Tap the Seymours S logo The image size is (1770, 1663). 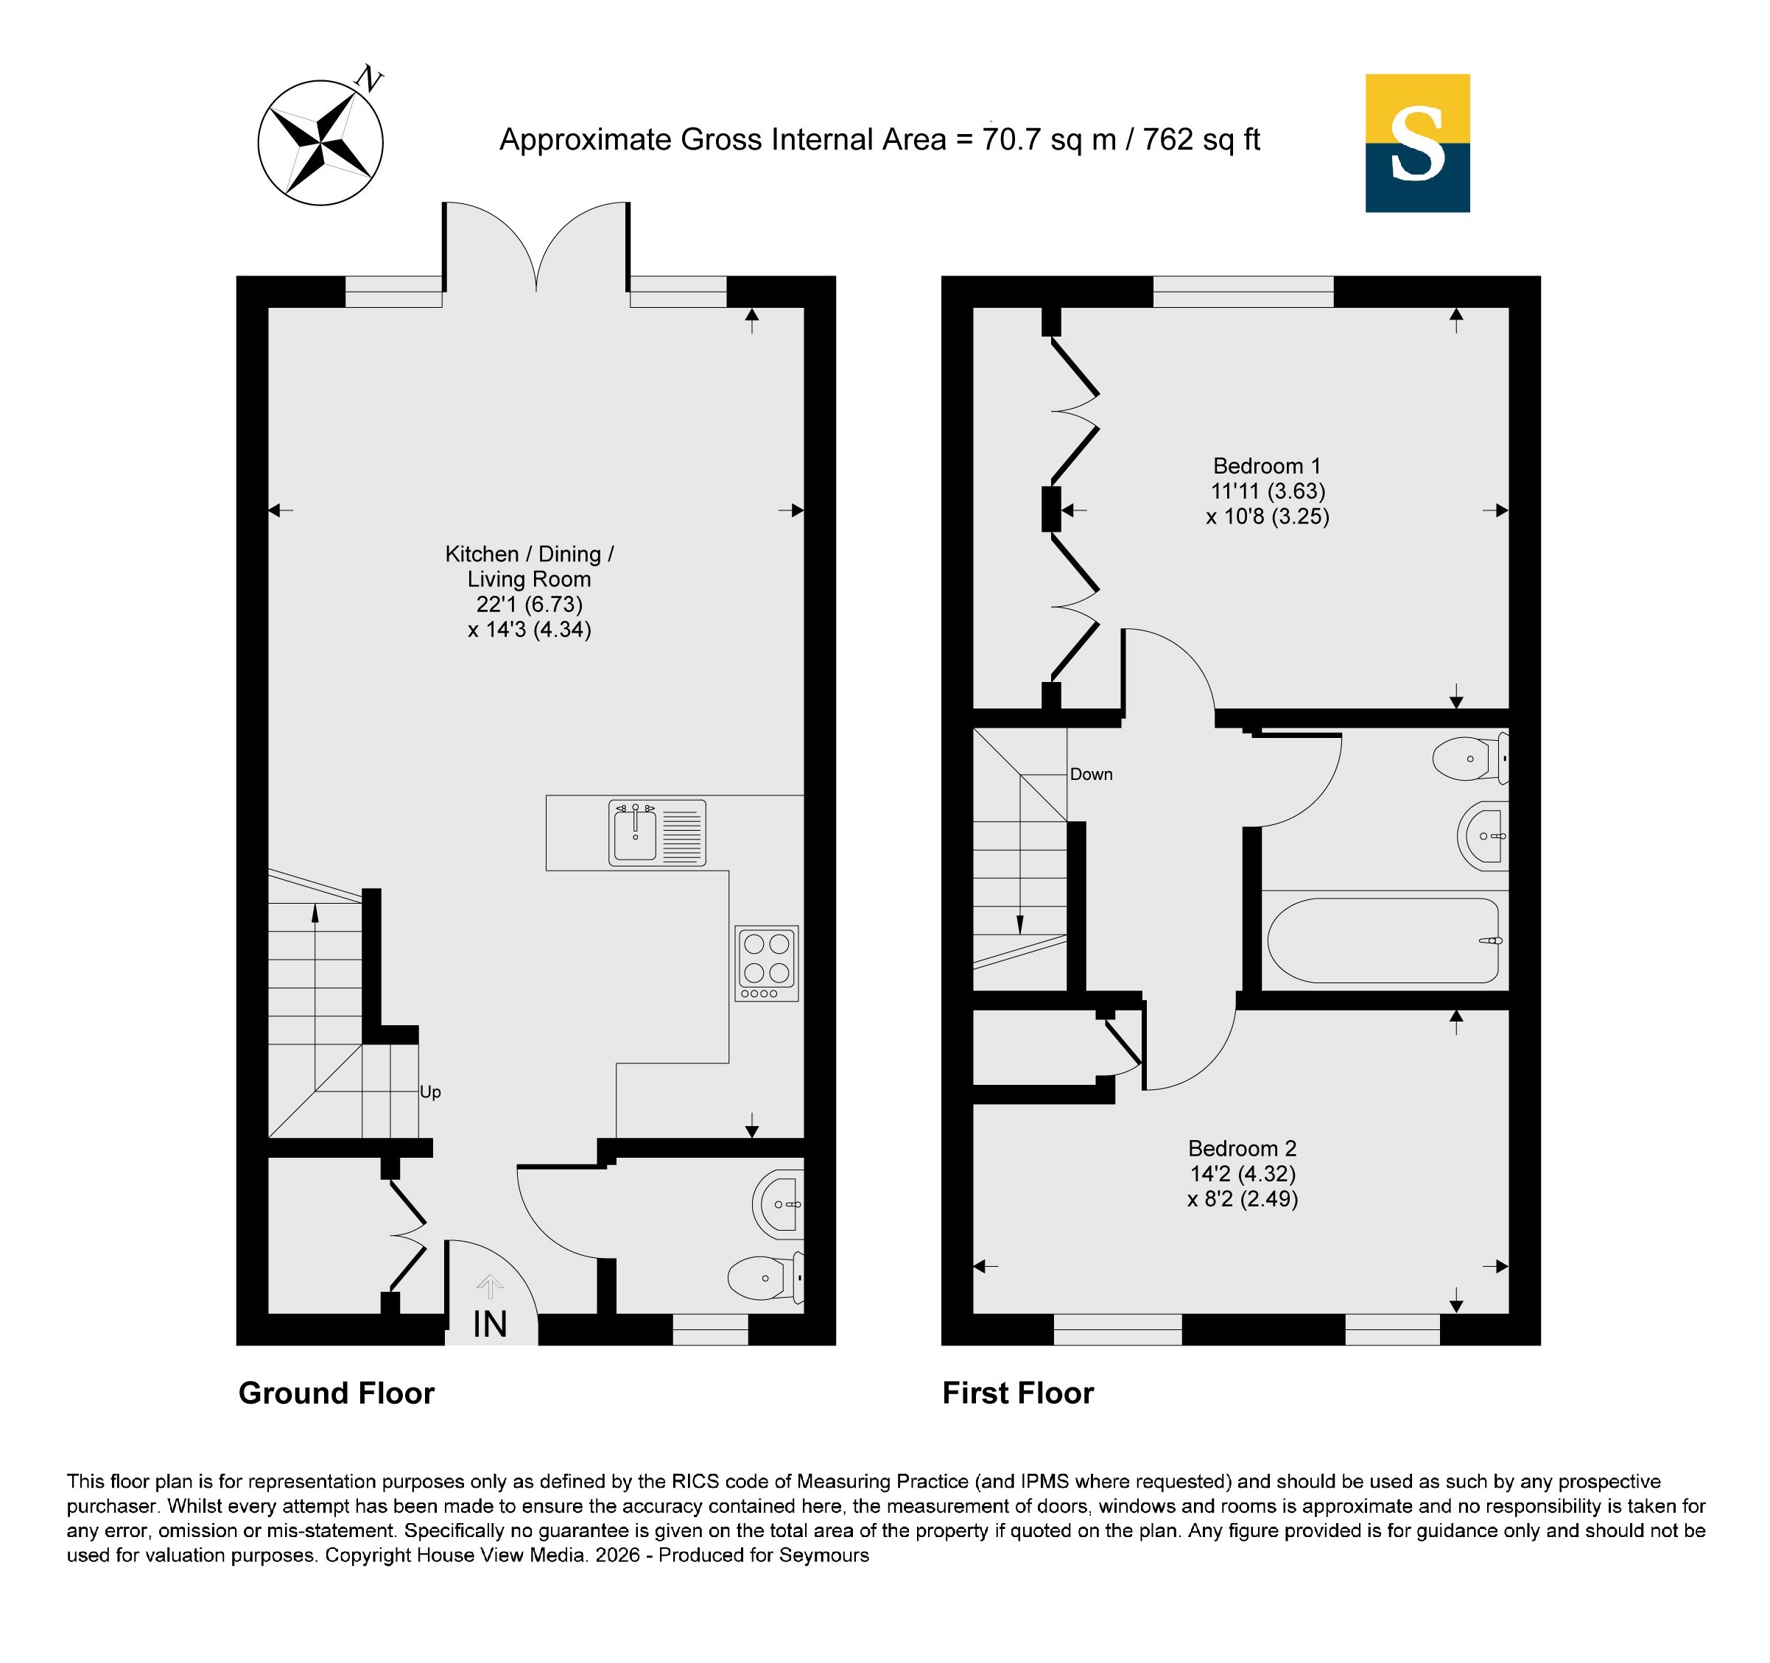tap(1417, 144)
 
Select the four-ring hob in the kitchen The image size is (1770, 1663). tap(767, 963)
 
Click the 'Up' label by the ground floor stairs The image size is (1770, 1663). tap(430, 1092)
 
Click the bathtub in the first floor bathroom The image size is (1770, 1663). tap(1383, 940)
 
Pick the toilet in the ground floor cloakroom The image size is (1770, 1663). tap(766, 1278)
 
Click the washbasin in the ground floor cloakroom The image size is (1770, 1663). tap(778, 1204)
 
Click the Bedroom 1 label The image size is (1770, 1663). tap(1267, 465)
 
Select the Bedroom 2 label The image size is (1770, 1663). tap(1242, 1148)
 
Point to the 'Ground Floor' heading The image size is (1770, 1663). tap(337, 1393)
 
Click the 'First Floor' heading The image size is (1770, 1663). tap(1018, 1393)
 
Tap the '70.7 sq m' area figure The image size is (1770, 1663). tap(1049, 140)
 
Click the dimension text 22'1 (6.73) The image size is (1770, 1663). tap(529, 605)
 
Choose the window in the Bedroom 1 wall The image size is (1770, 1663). tap(1243, 291)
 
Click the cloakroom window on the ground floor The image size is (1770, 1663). tap(711, 1329)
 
